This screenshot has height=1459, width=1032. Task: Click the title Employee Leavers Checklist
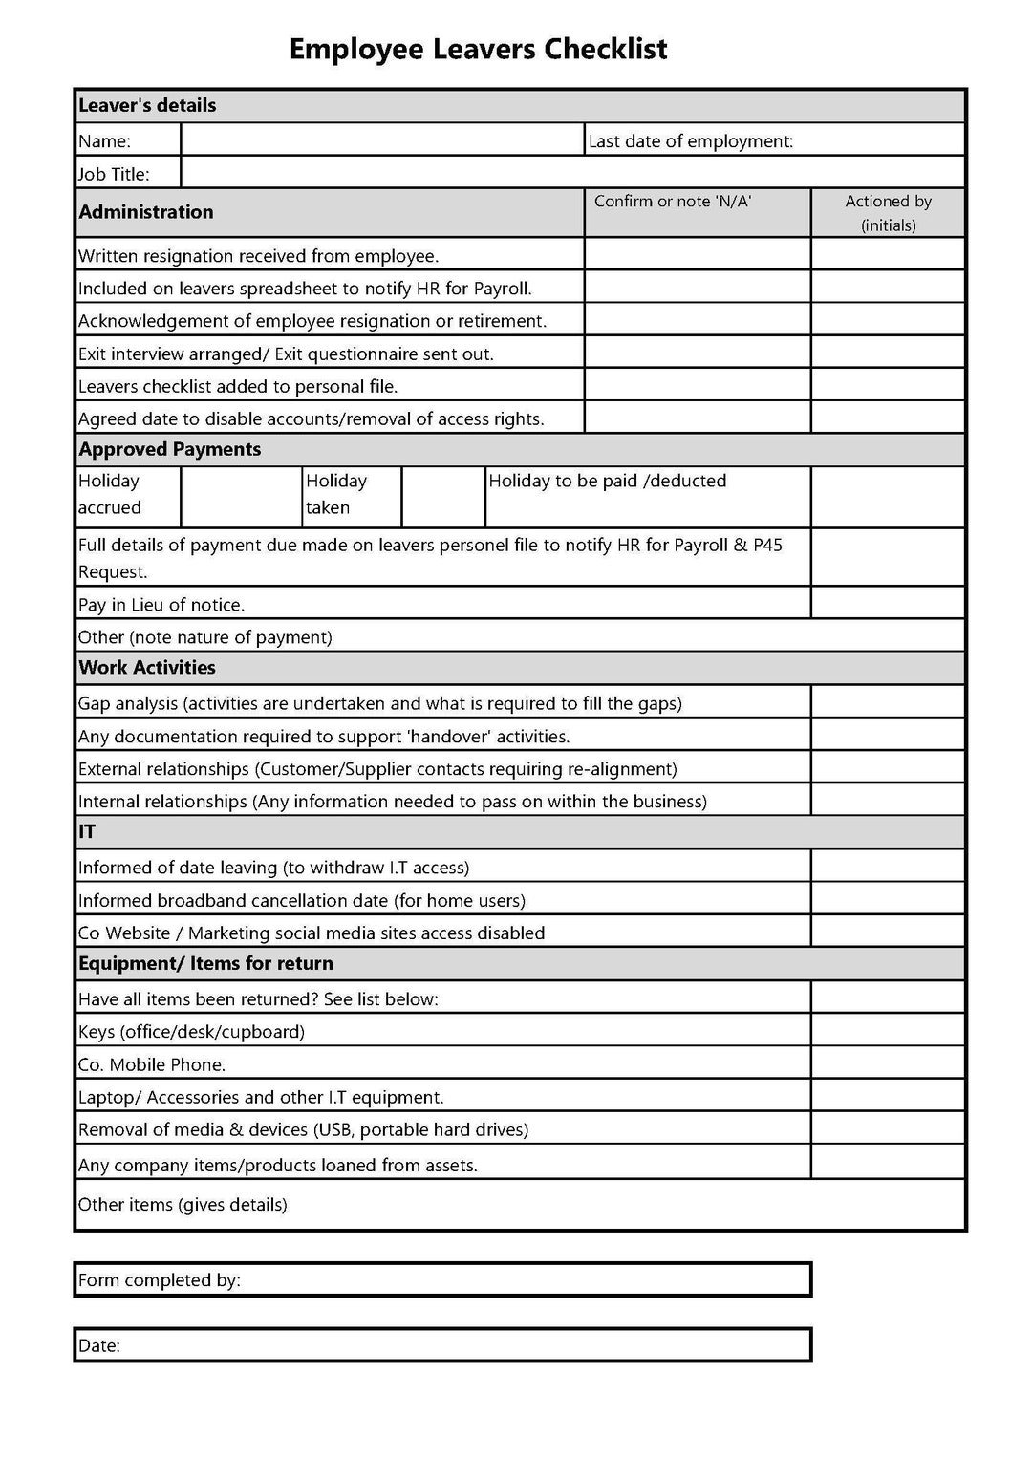(478, 49)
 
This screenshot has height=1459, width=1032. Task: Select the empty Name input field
(382, 140)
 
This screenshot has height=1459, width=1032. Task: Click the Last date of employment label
(691, 141)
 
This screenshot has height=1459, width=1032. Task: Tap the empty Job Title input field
(571, 173)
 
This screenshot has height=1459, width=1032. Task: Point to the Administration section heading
(146, 212)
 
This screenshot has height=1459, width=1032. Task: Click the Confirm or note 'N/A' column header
(673, 202)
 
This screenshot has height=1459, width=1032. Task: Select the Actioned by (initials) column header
(888, 213)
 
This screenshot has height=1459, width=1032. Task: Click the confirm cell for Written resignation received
(698, 254)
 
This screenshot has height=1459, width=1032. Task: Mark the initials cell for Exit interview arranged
(888, 353)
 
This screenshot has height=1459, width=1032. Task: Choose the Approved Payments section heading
(170, 449)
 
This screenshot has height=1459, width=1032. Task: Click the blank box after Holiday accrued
(241, 496)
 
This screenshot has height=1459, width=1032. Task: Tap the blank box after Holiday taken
(442, 496)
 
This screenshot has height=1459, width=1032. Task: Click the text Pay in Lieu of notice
(161, 605)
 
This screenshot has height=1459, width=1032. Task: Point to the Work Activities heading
(147, 668)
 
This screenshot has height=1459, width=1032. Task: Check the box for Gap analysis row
(888, 702)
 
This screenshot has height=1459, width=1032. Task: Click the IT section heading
(87, 832)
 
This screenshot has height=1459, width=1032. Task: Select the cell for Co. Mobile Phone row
(888, 1063)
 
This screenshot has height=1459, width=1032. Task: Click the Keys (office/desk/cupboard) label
(191, 1032)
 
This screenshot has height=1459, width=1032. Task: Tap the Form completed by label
(160, 1280)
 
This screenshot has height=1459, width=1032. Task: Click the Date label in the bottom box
(99, 1345)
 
